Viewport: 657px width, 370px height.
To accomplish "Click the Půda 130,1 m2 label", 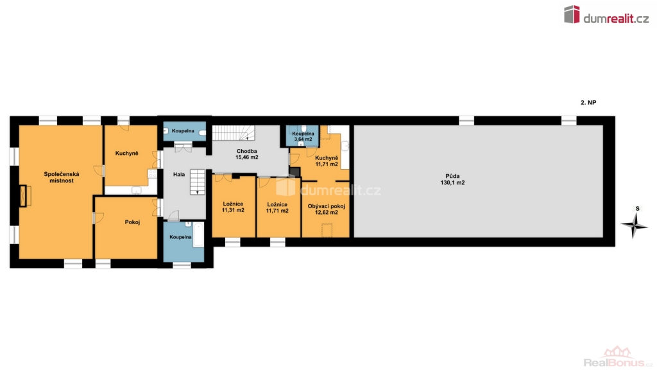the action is pyautogui.click(x=452, y=180).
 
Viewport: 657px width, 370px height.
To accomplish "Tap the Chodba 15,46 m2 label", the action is pyautogui.click(x=247, y=154).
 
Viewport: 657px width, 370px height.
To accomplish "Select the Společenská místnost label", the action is pyautogui.click(x=61, y=177).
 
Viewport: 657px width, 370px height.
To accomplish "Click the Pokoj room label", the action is pyautogui.click(x=132, y=222).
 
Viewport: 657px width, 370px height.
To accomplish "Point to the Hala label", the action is pyautogui.click(x=179, y=175).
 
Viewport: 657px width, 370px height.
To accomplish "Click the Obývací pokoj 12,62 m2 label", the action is pyautogui.click(x=327, y=209).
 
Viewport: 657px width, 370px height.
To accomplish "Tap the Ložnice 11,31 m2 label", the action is pyautogui.click(x=233, y=207).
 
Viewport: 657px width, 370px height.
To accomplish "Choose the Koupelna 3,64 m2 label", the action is pyautogui.click(x=303, y=136).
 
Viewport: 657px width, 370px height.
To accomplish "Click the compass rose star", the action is pyautogui.click(x=635, y=225).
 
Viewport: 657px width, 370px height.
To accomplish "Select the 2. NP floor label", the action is pyautogui.click(x=588, y=102).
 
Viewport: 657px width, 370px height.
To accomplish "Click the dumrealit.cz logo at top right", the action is pyautogui.click(x=606, y=15).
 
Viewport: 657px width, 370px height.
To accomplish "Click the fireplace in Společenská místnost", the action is pyautogui.click(x=25, y=195).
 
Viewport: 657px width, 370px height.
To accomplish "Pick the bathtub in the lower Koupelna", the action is pyautogui.click(x=198, y=234).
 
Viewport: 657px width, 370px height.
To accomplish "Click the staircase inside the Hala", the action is pyautogui.click(x=198, y=182).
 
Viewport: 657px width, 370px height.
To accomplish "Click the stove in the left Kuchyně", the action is pyautogui.click(x=152, y=173).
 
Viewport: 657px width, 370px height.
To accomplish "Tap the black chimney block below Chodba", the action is pyautogui.click(x=295, y=172).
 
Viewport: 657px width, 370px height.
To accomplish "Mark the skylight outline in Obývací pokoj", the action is pyautogui.click(x=327, y=230).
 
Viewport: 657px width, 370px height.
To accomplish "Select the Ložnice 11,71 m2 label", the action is pyautogui.click(x=277, y=207).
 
